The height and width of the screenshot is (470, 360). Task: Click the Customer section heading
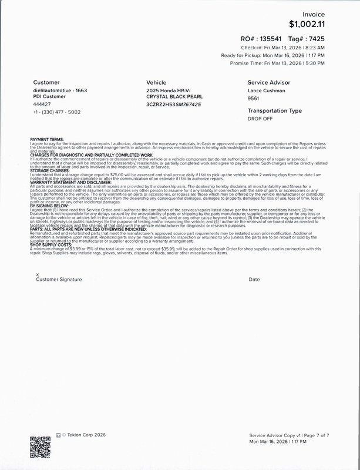click(46, 83)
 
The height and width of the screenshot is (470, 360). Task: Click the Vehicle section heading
click(156, 83)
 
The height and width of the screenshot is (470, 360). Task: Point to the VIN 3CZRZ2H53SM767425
click(173, 104)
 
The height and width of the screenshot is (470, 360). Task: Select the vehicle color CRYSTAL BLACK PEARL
click(173, 97)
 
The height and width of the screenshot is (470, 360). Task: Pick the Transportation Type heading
click(274, 110)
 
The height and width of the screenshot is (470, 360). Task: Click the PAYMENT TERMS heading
click(47, 139)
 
